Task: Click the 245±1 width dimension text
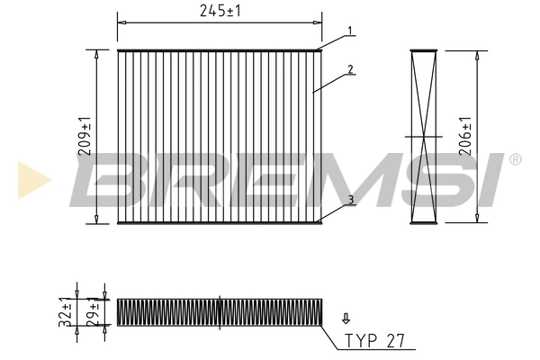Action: coord(220,10)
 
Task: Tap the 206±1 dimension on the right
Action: coord(465,137)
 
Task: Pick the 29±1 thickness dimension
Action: coord(92,312)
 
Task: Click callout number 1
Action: coord(352,31)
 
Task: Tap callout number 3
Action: coord(352,199)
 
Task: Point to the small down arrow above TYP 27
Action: coord(346,319)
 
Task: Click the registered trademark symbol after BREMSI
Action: coord(515,159)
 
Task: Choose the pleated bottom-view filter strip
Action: coord(219,311)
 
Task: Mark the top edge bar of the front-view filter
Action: coord(220,50)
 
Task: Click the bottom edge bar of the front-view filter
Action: coord(220,222)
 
